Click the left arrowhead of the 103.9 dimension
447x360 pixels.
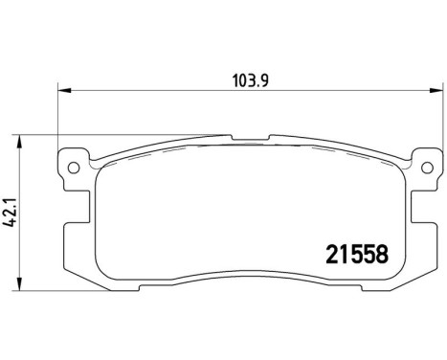[x=63, y=91]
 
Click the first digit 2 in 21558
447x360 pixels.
[x=323, y=257]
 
